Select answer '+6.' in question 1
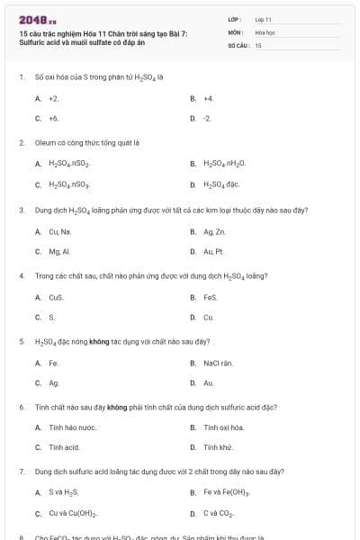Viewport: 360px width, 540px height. (54, 118)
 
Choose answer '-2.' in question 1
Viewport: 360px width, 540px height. (208, 118)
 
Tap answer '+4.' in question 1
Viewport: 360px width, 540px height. (209, 98)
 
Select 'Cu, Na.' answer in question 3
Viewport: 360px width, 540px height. (60, 231)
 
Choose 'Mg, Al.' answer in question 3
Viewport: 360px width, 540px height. (60, 251)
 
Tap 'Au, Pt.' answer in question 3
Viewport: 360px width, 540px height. (214, 251)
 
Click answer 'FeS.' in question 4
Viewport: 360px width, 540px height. (211, 297)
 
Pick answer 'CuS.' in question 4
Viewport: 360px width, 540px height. (57, 297)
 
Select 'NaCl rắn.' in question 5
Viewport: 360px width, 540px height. (218, 363)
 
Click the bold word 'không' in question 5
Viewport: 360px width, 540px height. (99, 342)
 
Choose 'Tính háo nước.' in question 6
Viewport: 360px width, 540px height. (73, 427)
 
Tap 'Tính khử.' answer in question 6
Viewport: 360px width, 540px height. (219, 447)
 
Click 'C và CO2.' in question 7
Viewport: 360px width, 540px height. (219, 514)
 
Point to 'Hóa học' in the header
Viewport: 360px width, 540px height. (265, 31)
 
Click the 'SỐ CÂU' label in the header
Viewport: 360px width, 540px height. (238, 44)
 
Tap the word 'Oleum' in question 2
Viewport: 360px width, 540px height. (44, 143)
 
